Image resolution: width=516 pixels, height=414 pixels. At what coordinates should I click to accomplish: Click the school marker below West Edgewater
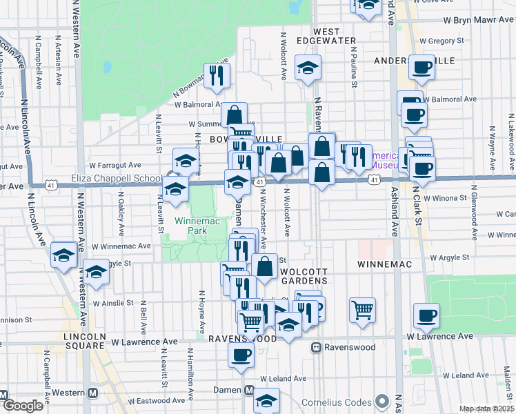coord(308,68)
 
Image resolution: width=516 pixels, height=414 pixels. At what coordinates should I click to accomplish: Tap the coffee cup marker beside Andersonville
coord(421,68)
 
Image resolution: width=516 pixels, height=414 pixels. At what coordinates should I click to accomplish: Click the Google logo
coord(23,406)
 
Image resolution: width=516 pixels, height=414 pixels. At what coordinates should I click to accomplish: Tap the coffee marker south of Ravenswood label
coord(241,355)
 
